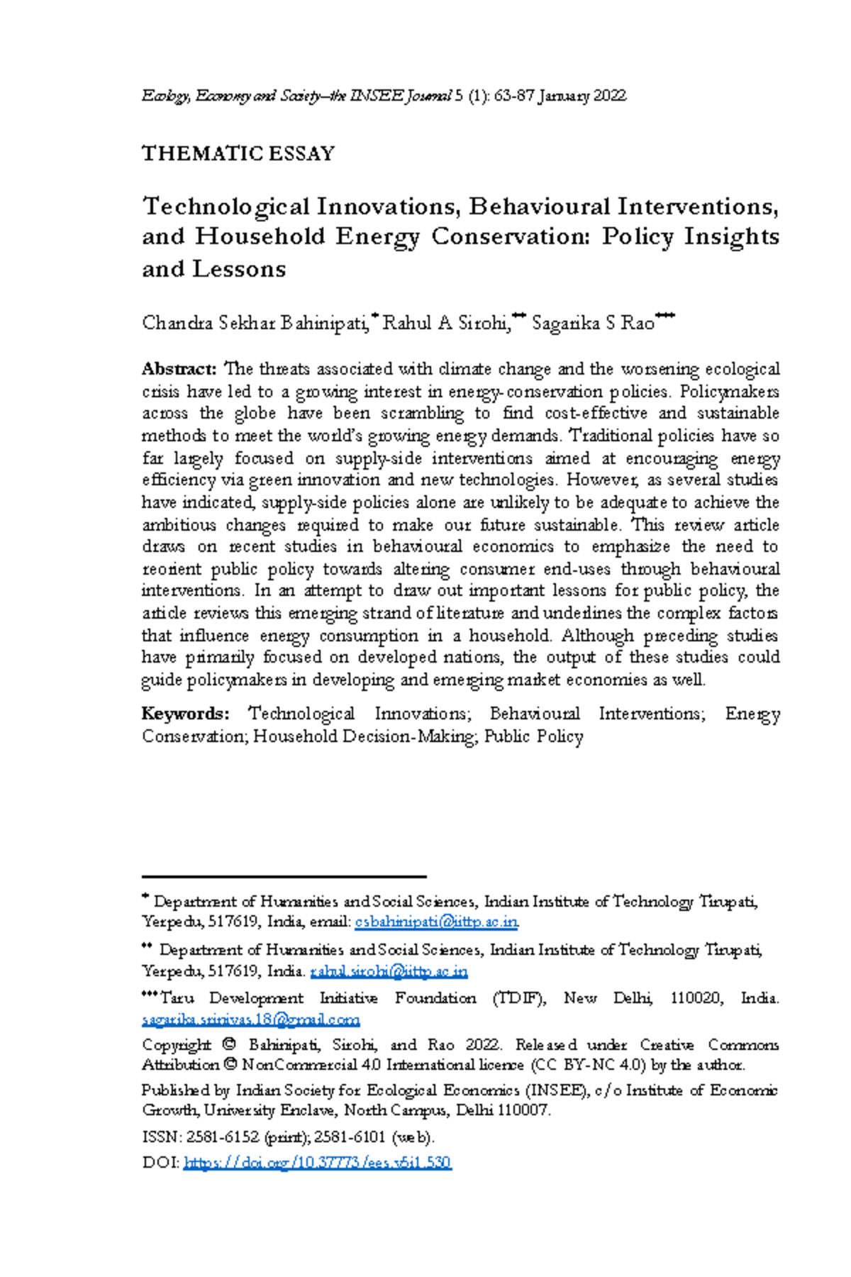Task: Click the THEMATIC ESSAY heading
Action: pos(238,154)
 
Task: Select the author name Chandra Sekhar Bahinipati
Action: pos(255,324)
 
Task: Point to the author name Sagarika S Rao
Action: pos(593,324)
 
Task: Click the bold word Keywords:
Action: pos(185,714)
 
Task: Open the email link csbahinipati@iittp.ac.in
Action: pos(436,922)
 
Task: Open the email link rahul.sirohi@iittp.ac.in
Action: pos(389,971)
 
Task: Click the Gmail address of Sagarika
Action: pos(251,1019)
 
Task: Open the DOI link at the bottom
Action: pos(317,1162)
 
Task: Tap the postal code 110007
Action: pos(523,1110)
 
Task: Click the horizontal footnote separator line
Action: pos(284,877)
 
